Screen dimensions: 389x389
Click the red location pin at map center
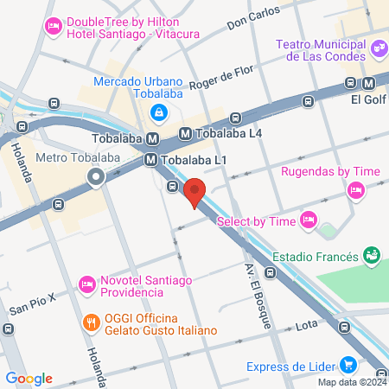tap(194, 191)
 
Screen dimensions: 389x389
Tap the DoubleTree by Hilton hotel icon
tap(52, 28)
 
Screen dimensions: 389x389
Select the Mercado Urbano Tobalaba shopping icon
tap(159, 112)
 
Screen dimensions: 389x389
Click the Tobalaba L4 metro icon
tap(185, 134)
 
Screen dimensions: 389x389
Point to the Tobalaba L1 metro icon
tap(150, 159)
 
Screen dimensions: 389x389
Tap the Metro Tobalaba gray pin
tap(96, 178)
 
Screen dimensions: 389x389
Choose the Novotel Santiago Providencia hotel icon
tap(86, 284)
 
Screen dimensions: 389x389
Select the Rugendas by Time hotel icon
tap(354, 190)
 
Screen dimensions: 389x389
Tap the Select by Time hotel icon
tap(306, 222)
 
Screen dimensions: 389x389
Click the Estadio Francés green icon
tap(372, 256)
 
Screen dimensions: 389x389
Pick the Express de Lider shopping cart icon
tap(348, 365)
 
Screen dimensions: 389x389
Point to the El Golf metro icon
tap(369, 83)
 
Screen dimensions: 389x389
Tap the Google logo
tap(29, 378)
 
